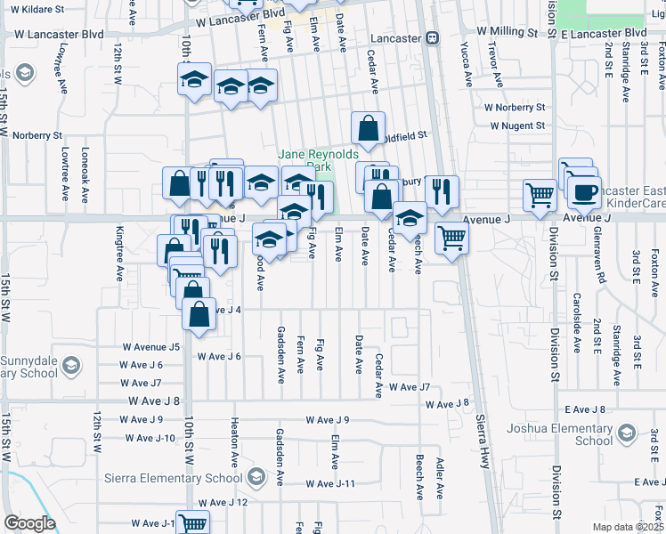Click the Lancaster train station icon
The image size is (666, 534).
[x=432, y=38]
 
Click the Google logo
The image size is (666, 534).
[x=29, y=523]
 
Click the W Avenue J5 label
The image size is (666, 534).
[x=150, y=346]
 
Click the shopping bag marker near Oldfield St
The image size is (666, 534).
[x=368, y=129]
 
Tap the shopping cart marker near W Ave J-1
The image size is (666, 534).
[x=192, y=523]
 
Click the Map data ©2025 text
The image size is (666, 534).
[x=627, y=527]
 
